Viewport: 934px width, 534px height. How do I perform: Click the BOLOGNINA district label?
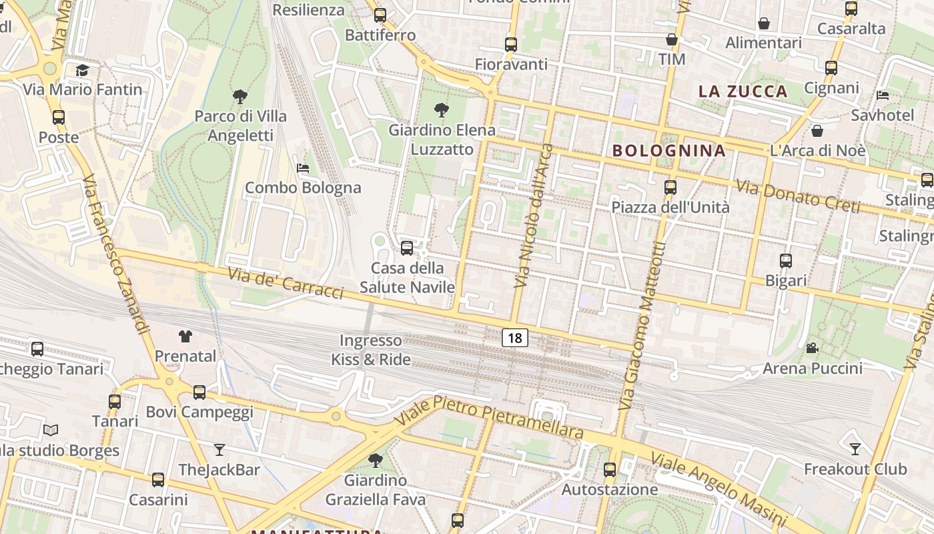pyautogui.click(x=668, y=151)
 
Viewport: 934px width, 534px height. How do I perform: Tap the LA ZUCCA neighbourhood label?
pyautogui.click(x=743, y=91)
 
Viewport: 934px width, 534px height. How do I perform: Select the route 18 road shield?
pyautogui.click(x=515, y=338)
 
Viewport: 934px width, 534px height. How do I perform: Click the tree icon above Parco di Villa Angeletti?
pyautogui.click(x=240, y=97)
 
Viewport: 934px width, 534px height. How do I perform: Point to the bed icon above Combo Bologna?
pyautogui.click(x=303, y=168)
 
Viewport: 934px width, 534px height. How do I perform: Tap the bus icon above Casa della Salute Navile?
pyautogui.click(x=407, y=248)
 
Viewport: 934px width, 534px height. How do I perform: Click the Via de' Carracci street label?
pyautogui.click(x=286, y=283)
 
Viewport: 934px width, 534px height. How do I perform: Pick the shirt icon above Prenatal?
pyautogui.click(x=185, y=336)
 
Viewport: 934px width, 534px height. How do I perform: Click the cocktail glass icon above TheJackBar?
pyautogui.click(x=219, y=450)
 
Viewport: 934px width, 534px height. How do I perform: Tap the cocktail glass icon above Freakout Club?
pyautogui.click(x=855, y=449)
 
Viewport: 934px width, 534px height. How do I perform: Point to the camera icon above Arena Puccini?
pyautogui.click(x=812, y=348)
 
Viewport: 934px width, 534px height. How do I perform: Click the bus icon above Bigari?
pyautogui.click(x=786, y=261)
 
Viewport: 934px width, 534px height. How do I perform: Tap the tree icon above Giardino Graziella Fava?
pyautogui.click(x=376, y=460)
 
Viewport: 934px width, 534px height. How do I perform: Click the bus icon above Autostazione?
pyautogui.click(x=610, y=469)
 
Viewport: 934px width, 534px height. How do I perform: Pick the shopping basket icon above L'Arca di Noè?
pyautogui.click(x=817, y=130)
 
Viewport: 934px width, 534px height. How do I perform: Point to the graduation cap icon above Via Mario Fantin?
pyautogui.click(x=82, y=70)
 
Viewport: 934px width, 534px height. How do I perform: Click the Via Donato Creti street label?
pyautogui.click(x=798, y=196)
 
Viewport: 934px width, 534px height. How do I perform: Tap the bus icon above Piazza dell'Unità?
pyautogui.click(x=670, y=188)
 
